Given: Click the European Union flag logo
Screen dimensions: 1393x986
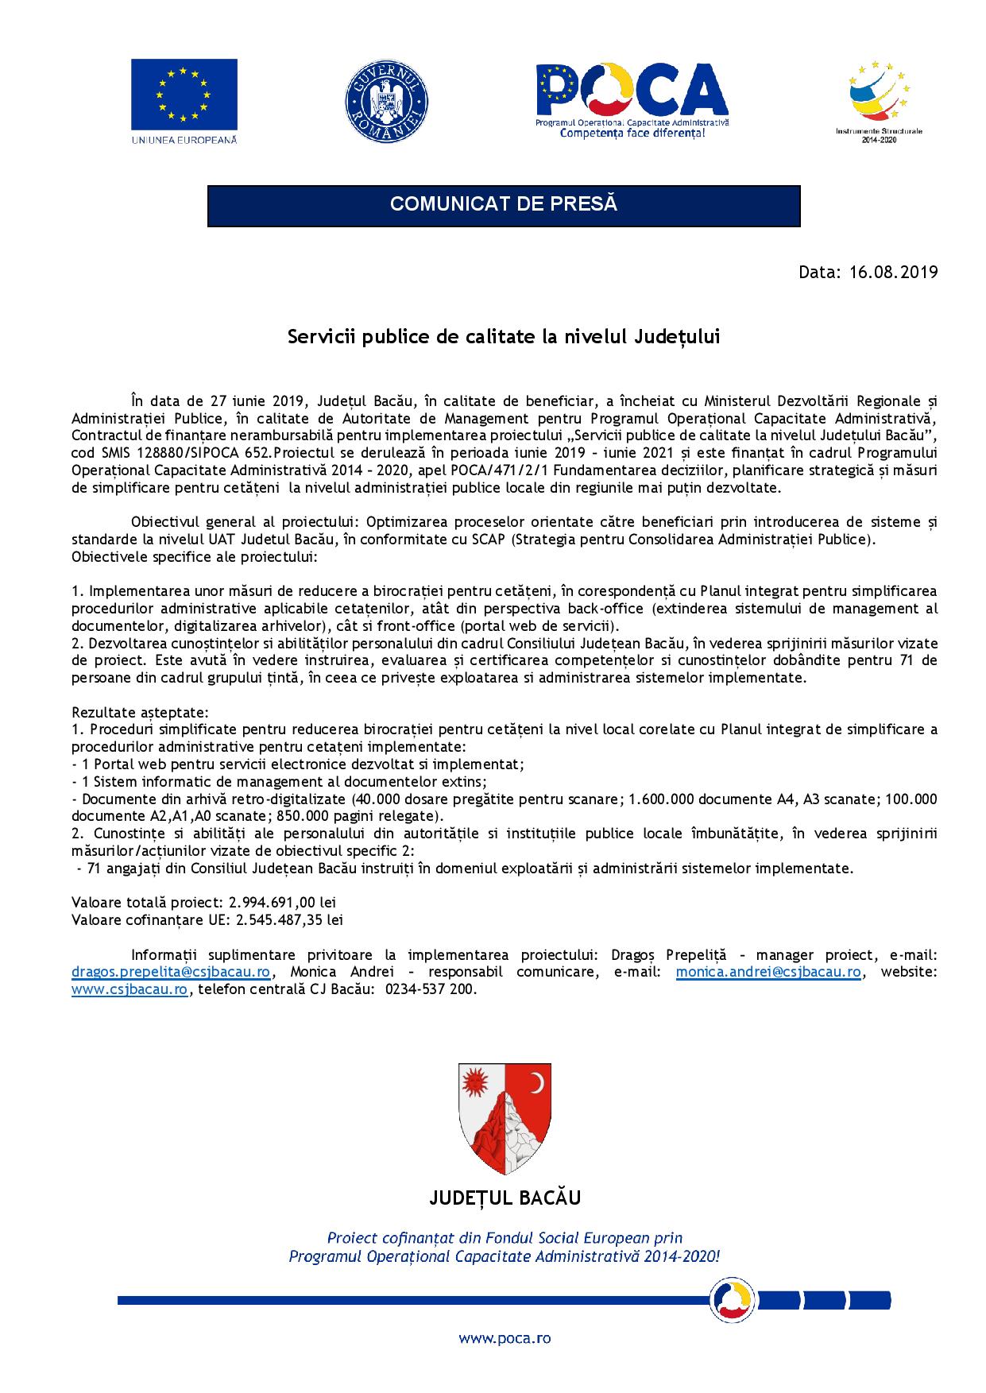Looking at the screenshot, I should coord(184,94).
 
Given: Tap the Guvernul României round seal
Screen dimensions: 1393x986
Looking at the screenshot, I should coord(387,101).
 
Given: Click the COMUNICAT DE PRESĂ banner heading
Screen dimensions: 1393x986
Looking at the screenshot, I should coord(503,204).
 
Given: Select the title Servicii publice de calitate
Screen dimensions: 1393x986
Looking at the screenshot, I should coord(503,337).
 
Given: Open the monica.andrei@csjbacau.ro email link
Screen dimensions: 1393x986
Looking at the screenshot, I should coord(768,972).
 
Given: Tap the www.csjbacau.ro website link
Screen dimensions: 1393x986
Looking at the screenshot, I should coord(130,989).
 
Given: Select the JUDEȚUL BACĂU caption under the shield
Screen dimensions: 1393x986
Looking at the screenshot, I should coord(505,1198).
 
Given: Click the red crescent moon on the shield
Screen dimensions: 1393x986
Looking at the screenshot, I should coord(538,1083).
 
